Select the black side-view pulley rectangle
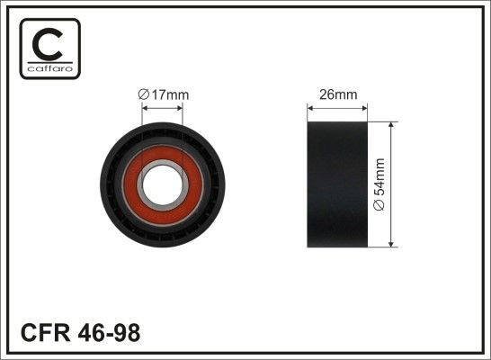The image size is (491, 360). coord(338,184)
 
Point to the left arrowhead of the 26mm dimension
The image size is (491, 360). coord(312,110)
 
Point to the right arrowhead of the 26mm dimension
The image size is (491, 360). coord(363,110)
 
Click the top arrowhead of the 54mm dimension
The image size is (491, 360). coord(391,127)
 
